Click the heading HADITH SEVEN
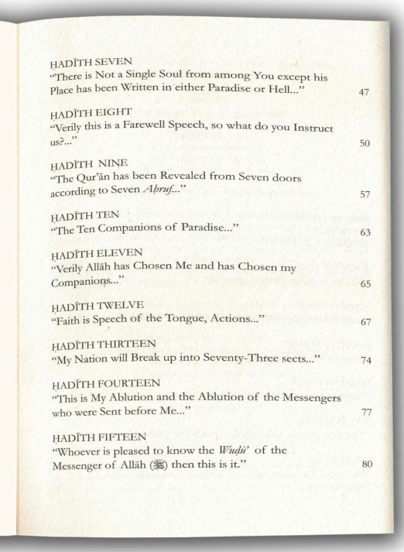[80, 60]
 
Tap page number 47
[364, 92]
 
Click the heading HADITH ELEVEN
[85, 255]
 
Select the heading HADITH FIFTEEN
[86, 436]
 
